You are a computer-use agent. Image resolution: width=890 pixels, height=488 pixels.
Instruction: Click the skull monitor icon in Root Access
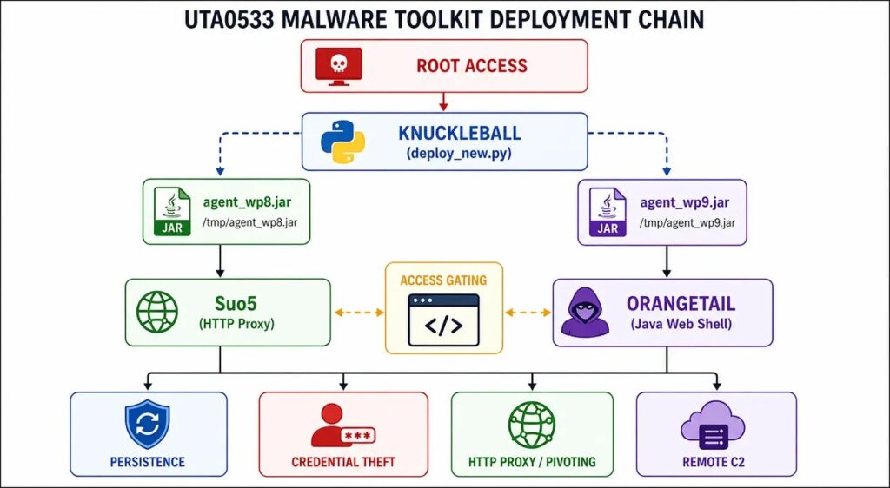[339, 66]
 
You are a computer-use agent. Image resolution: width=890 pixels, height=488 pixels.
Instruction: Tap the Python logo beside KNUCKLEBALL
[342, 142]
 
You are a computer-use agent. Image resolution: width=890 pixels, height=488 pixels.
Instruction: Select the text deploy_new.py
[459, 153]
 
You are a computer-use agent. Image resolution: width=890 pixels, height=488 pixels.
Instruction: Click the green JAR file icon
[172, 211]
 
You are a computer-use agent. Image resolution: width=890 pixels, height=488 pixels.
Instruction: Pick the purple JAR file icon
[608, 211]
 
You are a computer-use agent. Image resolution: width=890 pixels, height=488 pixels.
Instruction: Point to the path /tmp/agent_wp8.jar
[249, 222]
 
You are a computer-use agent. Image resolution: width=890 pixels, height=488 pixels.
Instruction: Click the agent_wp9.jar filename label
[685, 202]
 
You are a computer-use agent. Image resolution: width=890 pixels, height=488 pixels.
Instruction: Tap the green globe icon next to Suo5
[157, 312]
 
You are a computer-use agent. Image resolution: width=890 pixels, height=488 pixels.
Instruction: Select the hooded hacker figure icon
[585, 312]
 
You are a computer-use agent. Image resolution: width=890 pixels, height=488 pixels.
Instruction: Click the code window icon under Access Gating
[443, 320]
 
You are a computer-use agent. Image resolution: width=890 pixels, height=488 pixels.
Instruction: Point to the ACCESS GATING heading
[443, 280]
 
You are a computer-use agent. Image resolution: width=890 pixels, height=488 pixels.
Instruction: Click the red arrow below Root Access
[444, 102]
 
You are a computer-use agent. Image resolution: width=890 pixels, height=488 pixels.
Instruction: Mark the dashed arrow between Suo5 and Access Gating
[359, 313]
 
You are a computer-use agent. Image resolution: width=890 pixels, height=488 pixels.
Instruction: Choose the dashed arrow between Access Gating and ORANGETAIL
[528, 313]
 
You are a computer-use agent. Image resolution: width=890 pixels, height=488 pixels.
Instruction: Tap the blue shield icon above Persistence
[148, 424]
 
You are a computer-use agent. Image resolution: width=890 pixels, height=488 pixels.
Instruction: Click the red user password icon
[342, 425]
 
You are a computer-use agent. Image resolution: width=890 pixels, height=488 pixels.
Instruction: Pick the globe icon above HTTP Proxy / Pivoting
[532, 424]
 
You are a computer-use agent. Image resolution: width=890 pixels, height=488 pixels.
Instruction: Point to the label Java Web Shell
[681, 324]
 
